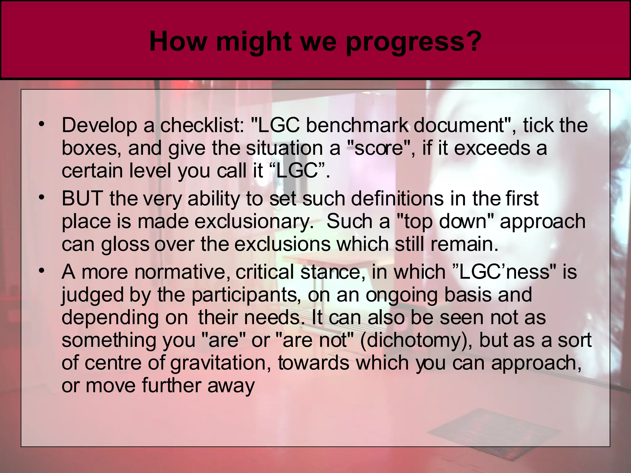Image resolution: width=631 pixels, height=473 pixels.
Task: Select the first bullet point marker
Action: tap(42, 125)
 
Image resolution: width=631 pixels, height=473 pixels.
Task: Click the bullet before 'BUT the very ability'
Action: tap(42, 197)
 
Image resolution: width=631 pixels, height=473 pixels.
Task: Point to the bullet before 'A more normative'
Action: tap(42, 271)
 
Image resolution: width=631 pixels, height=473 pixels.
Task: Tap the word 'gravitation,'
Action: tap(221, 363)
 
